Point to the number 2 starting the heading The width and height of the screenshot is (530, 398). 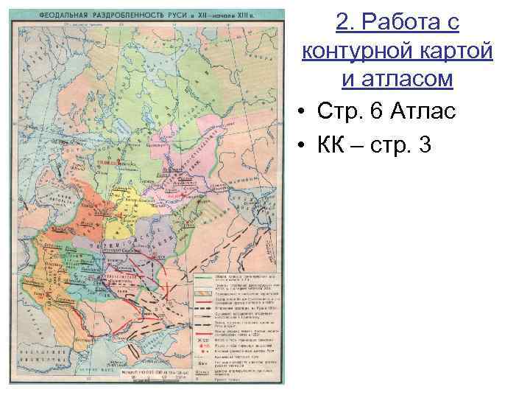343,23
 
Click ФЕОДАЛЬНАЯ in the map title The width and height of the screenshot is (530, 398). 64,14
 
